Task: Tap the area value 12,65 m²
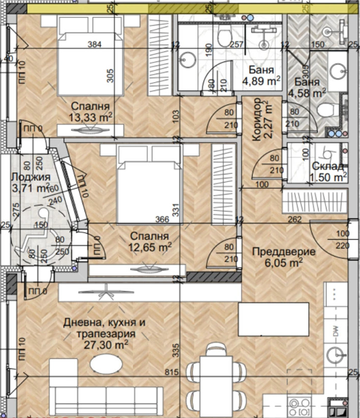pos(149,247)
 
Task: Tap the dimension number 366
pos(152,220)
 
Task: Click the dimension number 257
pos(236,44)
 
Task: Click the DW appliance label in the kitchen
pos(336,330)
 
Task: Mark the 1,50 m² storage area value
pos(330,177)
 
